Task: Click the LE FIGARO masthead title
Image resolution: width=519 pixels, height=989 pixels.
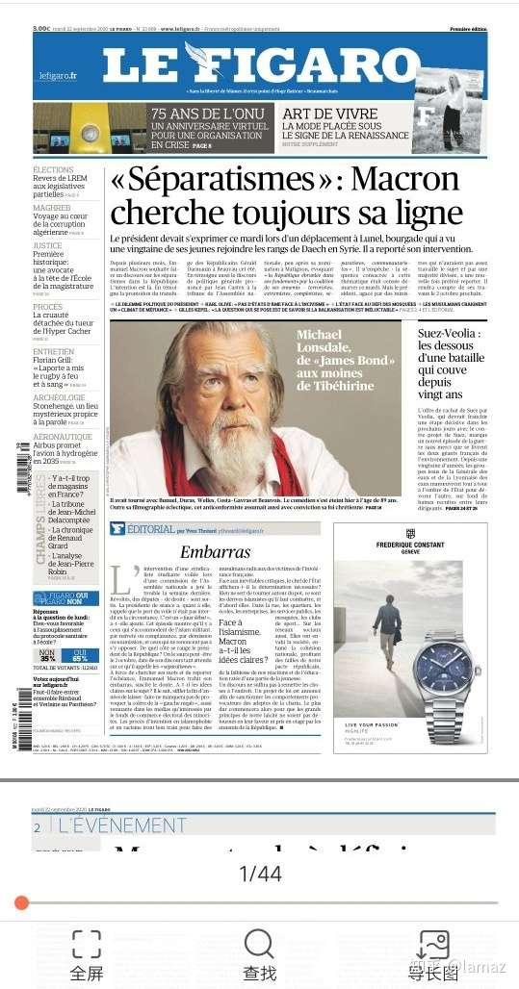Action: pos(260,64)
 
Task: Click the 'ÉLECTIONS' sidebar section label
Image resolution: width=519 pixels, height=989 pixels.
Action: pos(53,170)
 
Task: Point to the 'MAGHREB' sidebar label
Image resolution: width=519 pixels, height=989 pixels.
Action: pos(51,208)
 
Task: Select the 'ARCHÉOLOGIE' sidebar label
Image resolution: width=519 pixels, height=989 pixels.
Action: pos(59,397)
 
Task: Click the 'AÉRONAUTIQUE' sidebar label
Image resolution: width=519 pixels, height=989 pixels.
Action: pos(63,437)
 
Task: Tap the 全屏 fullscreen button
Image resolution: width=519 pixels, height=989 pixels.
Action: pos(87,953)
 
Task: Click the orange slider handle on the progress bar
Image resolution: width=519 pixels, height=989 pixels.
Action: pos(21,902)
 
